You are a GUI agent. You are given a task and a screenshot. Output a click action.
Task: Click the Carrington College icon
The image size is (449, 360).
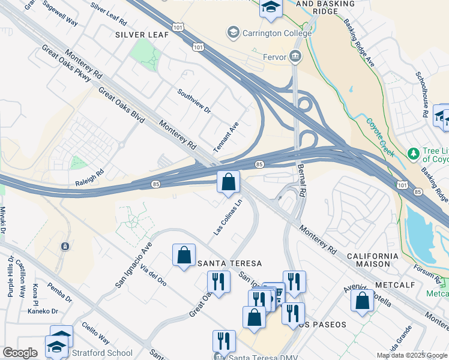pyautogui.click(x=232, y=32)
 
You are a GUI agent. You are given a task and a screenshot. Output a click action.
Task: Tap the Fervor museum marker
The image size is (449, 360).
pyautogui.click(x=295, y=57)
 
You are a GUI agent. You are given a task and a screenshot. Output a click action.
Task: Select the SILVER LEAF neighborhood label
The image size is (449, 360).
pyautogui.click(x=142, y=35)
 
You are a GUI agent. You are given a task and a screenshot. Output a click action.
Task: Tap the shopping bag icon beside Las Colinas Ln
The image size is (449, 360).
pyautogui.click(x=228, y=182)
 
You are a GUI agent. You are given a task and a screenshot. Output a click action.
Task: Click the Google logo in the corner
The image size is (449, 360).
pyautogui.click(x=20, y=353)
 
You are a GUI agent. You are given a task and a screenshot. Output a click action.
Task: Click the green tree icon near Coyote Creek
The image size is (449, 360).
pyautogui.click(x=413, y=154)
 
